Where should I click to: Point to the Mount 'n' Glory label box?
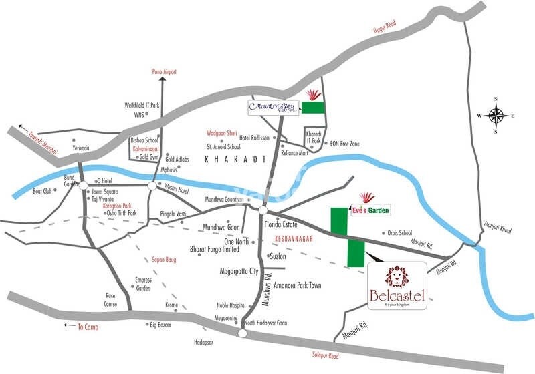270,106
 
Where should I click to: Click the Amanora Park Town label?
297,285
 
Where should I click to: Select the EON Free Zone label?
345,144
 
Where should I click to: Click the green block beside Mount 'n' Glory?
313,106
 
